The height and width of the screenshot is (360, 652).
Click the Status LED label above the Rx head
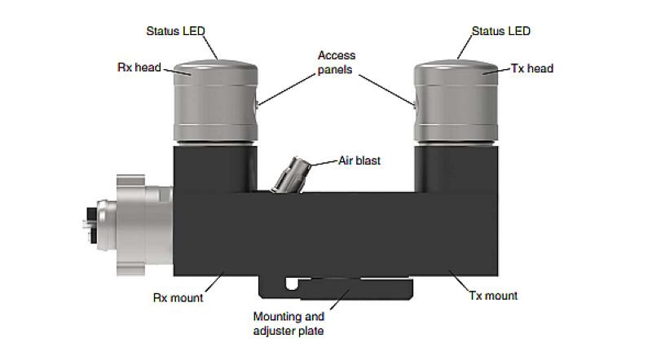click(x=175, y=32)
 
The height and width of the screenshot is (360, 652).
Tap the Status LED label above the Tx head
click(x=500, y=32)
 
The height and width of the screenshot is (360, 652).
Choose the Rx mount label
click(x=178, y=296)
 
